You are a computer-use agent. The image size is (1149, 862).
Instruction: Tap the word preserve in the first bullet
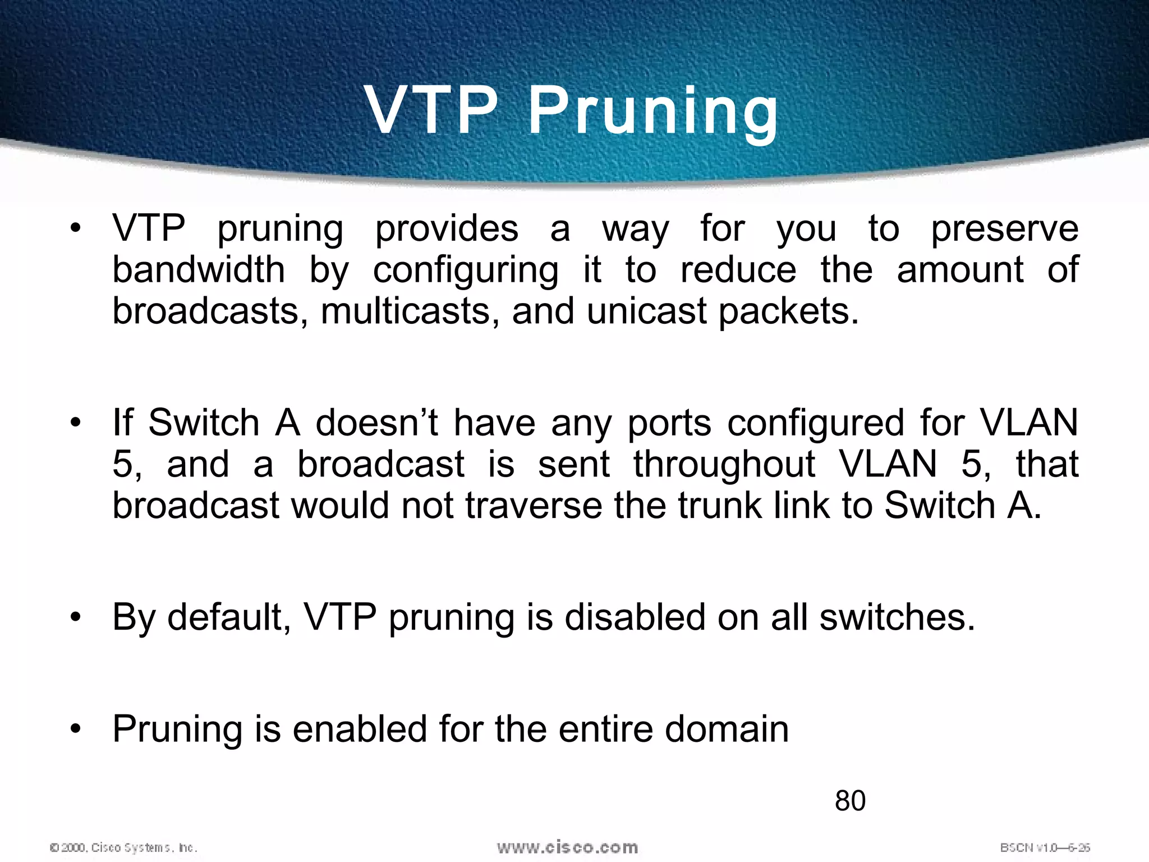pos(1004,229)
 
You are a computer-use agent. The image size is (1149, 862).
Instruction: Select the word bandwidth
pos(199,269)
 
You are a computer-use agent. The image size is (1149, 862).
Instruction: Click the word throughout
pos(724,464)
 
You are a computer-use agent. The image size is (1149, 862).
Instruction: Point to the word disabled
pos(634,617)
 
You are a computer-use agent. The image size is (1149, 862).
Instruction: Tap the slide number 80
pos(850,801)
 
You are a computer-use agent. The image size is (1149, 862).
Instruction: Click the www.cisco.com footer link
pos(567,847)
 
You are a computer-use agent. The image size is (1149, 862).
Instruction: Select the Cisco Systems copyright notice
pos(123,847)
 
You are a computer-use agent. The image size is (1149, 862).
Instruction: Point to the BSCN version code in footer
pos(1045,847)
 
